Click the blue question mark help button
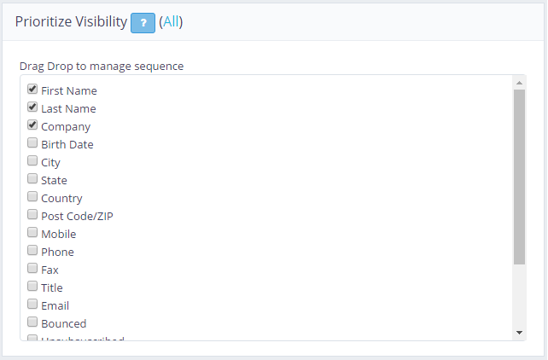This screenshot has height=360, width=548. pyautogui.click(x=143, y=23)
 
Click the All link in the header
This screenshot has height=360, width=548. pyautogui.click(x=171, y=22)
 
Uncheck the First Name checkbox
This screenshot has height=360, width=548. pyautogui.click(x=32, y=89)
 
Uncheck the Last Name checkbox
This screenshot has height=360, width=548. pyautogui.click(x=32, y=107)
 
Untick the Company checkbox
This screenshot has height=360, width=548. pyautogui.click(x=32, y=125)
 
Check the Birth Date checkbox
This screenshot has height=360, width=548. pyautogui.click(x=32, y=142)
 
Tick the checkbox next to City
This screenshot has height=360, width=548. pyautogui.click(x=32, y=160)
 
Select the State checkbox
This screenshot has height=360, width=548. pyautogui.click(x=32, y=178)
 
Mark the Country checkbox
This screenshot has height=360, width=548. pyautogui.click(x=32, y=196)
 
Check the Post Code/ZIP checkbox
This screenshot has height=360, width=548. pyautogui.click(x=32, y=214)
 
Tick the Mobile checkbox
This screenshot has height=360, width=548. pyautogui.click(x=32, y=232)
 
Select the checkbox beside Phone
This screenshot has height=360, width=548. pyautogui.click(x=32, y=250)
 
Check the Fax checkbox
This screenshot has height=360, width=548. pyautogui.click(x=32, y=268)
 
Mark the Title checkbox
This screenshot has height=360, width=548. pyautogui.click(x=32, y=286)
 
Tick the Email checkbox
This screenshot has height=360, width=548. pyautogui.click(x=32, y=304)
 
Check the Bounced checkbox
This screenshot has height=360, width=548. pyautogui.click(x=32, y=322)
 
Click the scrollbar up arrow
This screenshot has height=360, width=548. pyautogui.click(x=519, y=82)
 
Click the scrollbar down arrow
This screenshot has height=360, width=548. pyautogui.click(x=519, y=332)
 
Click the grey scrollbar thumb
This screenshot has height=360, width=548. pyautogui.click(x=519, y=175)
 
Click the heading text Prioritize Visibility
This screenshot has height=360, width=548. pyautogui.click(x=71, y=22)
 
